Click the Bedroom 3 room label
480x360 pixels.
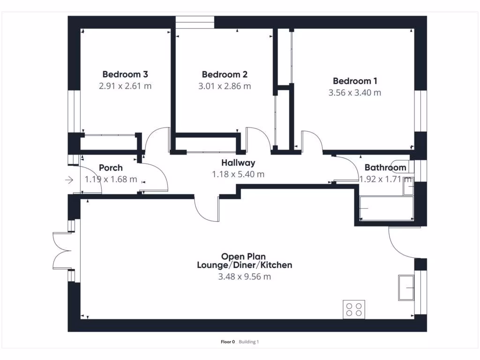125,74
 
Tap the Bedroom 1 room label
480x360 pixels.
355,81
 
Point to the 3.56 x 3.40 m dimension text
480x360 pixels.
355,93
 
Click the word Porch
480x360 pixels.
111,168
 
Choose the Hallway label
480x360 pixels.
239,163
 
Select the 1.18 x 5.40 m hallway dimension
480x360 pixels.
239,174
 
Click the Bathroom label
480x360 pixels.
385,167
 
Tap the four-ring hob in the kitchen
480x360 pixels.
354,309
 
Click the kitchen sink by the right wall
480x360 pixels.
406,287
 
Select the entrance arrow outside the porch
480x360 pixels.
69,180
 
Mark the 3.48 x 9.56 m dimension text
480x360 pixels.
244,277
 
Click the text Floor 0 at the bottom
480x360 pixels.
227,342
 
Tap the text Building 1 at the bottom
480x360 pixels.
248,342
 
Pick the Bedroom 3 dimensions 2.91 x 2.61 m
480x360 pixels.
125,86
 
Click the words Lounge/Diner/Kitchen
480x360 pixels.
244,265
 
